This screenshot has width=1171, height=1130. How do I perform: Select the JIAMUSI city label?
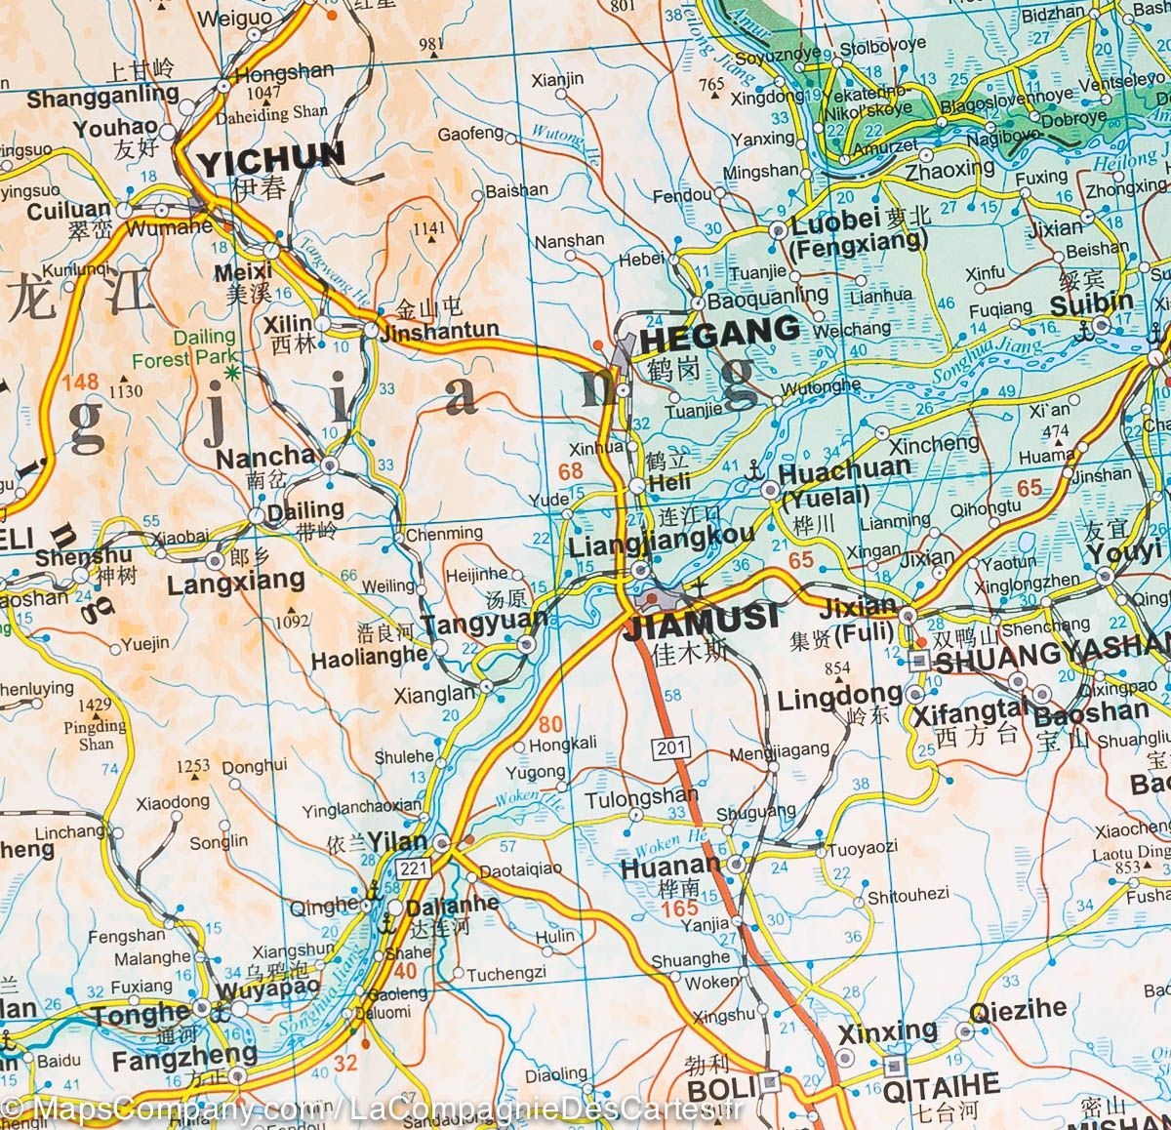click(701, 617)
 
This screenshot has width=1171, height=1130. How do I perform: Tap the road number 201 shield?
click(671, 748)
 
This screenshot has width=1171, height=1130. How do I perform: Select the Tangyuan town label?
click(471, 624)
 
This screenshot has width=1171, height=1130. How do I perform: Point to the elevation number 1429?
click(96, 706)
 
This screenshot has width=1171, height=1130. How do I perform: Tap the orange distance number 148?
click(80, 382)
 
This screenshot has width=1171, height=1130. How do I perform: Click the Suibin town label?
click(1091, 303)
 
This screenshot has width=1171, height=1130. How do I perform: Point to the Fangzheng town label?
click(184, 1057)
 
